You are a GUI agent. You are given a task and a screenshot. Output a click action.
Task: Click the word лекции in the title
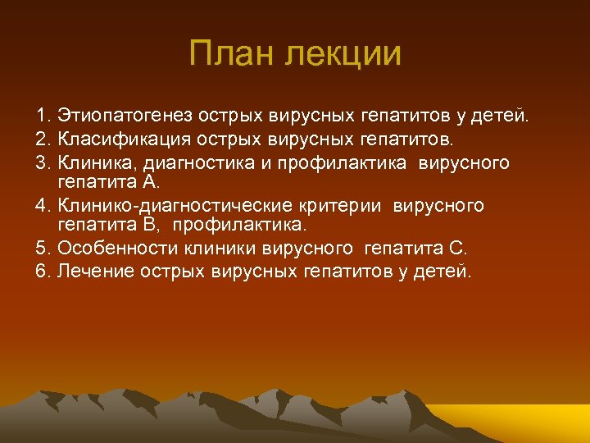click(x=343, y=54)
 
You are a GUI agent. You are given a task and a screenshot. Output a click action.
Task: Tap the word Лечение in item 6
click(x=86, y=272)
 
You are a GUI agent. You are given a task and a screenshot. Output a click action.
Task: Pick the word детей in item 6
click(x=448, y=272)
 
